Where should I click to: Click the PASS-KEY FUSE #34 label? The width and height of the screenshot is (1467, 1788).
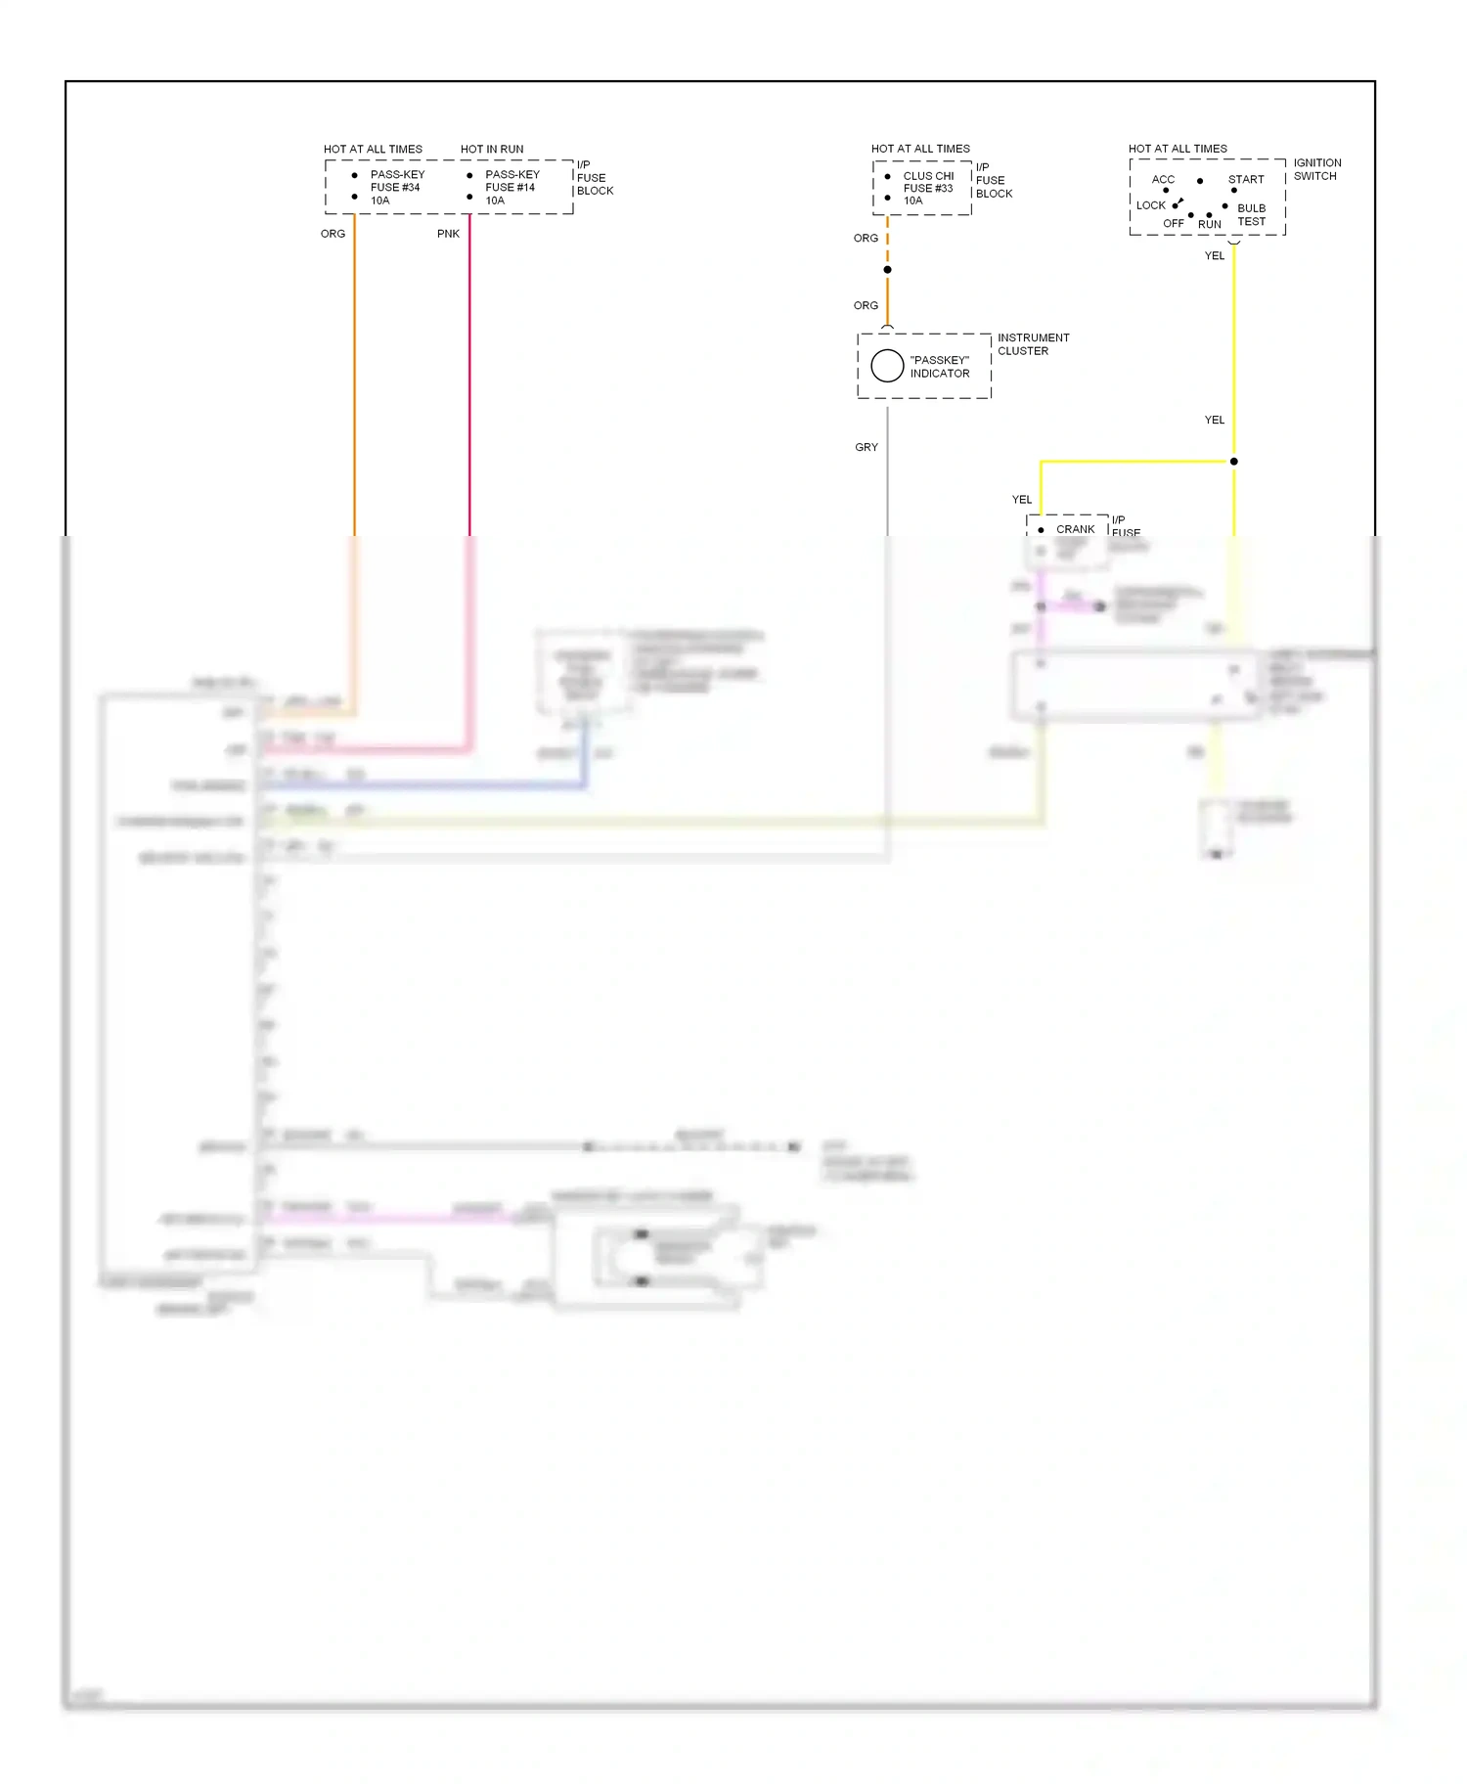point(396,187)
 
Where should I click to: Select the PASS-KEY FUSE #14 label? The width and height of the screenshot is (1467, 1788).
point(511,187)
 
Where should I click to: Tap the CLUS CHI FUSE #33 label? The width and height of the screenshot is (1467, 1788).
point(927,188)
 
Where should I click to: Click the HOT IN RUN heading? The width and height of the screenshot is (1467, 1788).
point(492,150)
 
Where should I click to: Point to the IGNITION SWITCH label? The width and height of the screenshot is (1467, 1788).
point(1316,169)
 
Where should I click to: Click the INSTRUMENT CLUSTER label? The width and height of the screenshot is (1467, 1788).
point(1033,344)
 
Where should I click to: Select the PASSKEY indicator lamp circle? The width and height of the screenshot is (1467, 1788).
point(887,366)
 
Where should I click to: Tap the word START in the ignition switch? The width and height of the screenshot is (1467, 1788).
point(1246,179)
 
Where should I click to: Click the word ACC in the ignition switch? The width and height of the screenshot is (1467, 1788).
point(1163,179)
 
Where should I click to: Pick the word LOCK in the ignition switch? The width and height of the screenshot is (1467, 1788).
point(1150,205)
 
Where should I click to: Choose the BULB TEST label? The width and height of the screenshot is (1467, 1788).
point(1251,215)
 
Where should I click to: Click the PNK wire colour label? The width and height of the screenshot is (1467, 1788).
point(448,234)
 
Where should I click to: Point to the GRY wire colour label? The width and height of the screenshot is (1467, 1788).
point(867,447)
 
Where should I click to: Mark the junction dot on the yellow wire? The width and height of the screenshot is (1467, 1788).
point(1233,462)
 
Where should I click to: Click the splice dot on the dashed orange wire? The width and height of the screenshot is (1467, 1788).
point(887,270)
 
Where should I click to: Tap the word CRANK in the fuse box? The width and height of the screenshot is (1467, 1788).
point(1075,529)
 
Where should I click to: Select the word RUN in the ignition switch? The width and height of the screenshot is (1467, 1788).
point(1210,224)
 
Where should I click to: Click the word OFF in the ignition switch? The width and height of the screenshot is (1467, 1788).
point(1174,224)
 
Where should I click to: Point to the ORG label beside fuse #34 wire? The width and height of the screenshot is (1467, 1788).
point(333,234)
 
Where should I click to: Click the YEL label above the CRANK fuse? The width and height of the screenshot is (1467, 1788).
point(1022,500)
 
